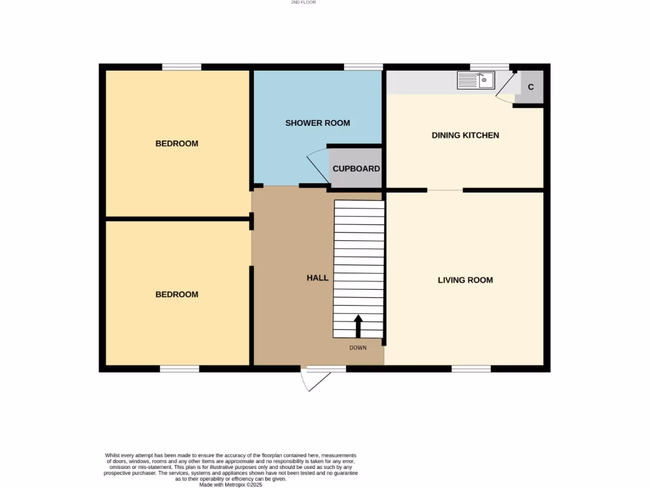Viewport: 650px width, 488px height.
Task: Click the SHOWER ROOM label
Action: coord(317,123)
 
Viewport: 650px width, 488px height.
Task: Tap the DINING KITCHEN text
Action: coord(465,135)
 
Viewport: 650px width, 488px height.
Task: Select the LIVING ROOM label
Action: coord(465,280)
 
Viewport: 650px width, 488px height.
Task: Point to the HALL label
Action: coord(317,278)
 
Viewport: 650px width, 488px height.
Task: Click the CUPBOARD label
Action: coord(356,169)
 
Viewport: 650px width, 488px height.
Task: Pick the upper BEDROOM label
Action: coord(176,144)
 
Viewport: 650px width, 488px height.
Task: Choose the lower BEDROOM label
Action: coord(176,295)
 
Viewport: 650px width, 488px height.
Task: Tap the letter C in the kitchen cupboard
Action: coord(531,87)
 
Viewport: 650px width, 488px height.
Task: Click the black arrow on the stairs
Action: coord(358,326)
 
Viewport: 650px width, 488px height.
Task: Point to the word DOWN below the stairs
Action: coord(358,348)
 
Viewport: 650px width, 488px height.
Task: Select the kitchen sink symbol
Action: coord(476,81)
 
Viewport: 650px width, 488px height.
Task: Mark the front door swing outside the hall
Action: coord(315,379)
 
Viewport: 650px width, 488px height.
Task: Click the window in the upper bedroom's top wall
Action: coord(182,67)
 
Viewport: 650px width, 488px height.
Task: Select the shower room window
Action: coord(364,67)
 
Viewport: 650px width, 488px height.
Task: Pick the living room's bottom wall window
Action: coord(471,369)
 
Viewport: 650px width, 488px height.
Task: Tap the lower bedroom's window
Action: coord(180,369)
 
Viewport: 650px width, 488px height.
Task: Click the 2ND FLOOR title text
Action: coord(303,3)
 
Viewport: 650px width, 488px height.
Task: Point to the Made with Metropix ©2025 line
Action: coord(230,484)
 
